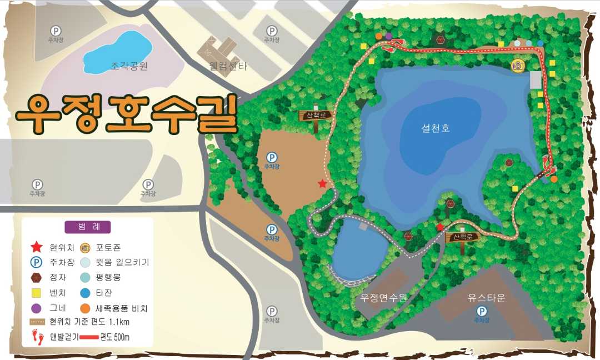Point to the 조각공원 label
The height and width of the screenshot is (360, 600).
pos(128,67)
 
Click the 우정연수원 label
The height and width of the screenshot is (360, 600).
pos(383,298)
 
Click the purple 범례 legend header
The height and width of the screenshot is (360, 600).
pos(88,227)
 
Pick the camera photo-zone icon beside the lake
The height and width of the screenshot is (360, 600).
pos(518,66)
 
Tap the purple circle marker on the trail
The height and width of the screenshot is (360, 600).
pos(389,37)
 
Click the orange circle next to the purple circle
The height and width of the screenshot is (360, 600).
pos(379,37)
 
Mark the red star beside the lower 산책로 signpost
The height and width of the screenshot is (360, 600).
pos(440,227)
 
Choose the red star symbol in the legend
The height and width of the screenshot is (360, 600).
pos(37,247)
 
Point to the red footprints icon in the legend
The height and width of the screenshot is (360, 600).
pos(37,336)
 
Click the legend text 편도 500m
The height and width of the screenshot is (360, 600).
pos(115,337)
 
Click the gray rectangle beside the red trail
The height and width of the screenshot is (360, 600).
pos(535,80)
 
